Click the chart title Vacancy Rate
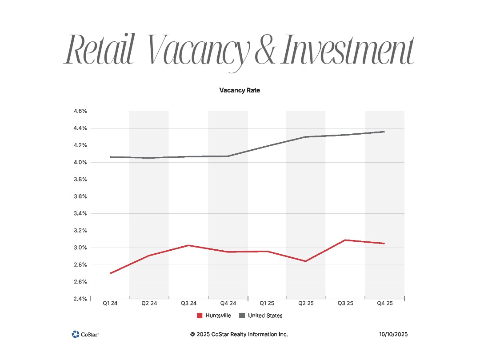240,90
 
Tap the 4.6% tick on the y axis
80,111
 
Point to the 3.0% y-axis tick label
80,248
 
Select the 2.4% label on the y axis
80,299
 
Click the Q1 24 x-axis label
110,304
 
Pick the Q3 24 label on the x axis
189,304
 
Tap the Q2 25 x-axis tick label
306,304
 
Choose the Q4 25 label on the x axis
384,304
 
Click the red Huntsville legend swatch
200,316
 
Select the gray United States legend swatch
242,316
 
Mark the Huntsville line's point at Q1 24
110,273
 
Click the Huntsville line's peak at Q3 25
345,240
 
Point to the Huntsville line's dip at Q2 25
306,261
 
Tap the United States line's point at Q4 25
384,132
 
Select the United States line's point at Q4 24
228,156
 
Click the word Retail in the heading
99,50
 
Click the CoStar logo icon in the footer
75,334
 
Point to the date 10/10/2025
393,334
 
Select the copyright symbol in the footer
192,334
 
